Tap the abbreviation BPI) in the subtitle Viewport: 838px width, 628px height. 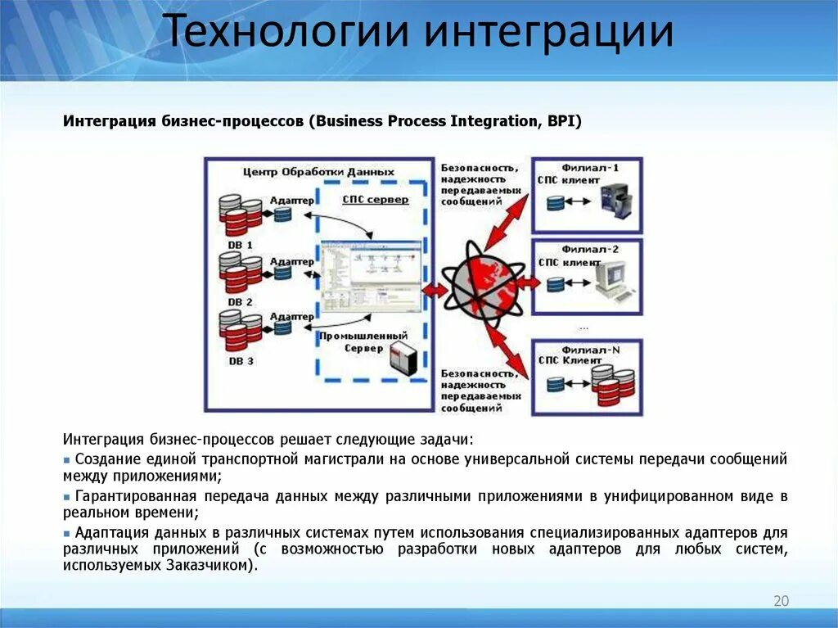pyautogui.click(x=563, y=121)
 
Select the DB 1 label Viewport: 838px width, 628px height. pyautogui.click(x=241, y=244)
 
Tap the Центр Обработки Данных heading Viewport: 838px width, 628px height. pyautogui.click(x=318, y=172)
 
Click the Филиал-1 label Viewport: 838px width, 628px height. pyautogui.click(x=590, y=168)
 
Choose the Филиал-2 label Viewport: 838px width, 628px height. pyautogui.click(x=590, y=248)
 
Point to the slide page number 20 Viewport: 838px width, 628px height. pyautogui.click(x=781, y=602)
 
